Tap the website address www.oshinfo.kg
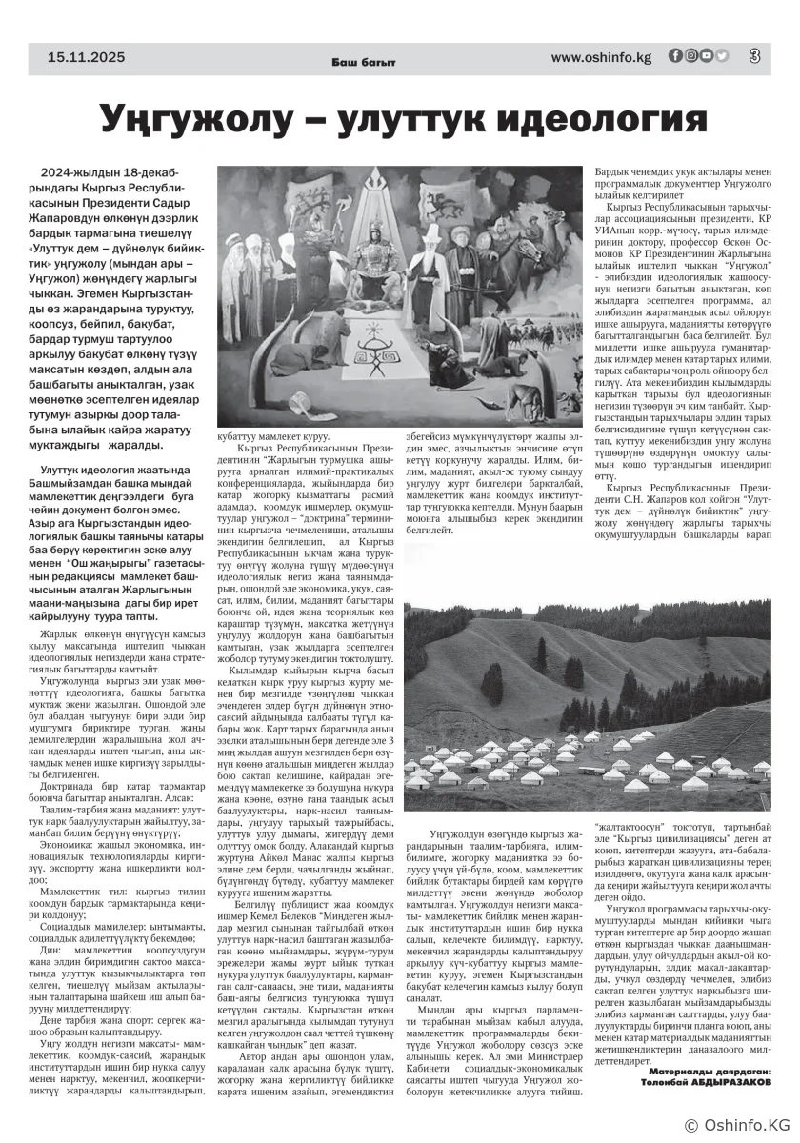(601, 57)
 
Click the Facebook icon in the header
(675, 56)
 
